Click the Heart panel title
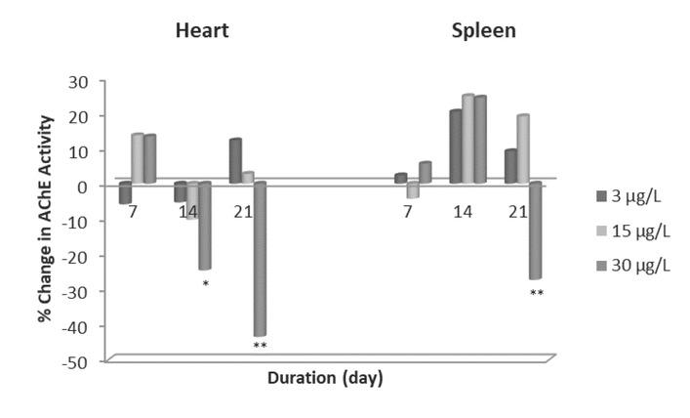coord(201,30)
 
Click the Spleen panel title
coord(483,30)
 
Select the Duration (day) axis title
coord(326,378)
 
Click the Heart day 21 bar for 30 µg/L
coord(260,259)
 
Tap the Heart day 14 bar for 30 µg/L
coord(205,226)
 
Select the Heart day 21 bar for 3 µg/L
coord(235,161)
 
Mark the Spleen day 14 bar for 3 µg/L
coord(455,146)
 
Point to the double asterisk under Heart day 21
coord(260,346)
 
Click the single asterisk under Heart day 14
coord(205,285)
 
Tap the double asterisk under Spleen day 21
coord(536,293)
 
